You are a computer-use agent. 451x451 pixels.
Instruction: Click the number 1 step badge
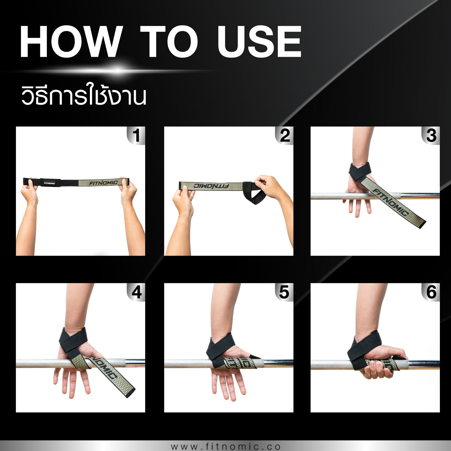136,136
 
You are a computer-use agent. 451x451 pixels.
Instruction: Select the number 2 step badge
284,136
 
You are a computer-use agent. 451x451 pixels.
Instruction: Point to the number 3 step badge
431,136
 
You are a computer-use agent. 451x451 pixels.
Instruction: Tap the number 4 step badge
136,292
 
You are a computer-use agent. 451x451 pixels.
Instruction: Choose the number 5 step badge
284,292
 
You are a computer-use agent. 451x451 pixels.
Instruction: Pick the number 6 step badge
431,292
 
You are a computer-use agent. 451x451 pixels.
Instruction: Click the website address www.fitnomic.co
226,446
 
